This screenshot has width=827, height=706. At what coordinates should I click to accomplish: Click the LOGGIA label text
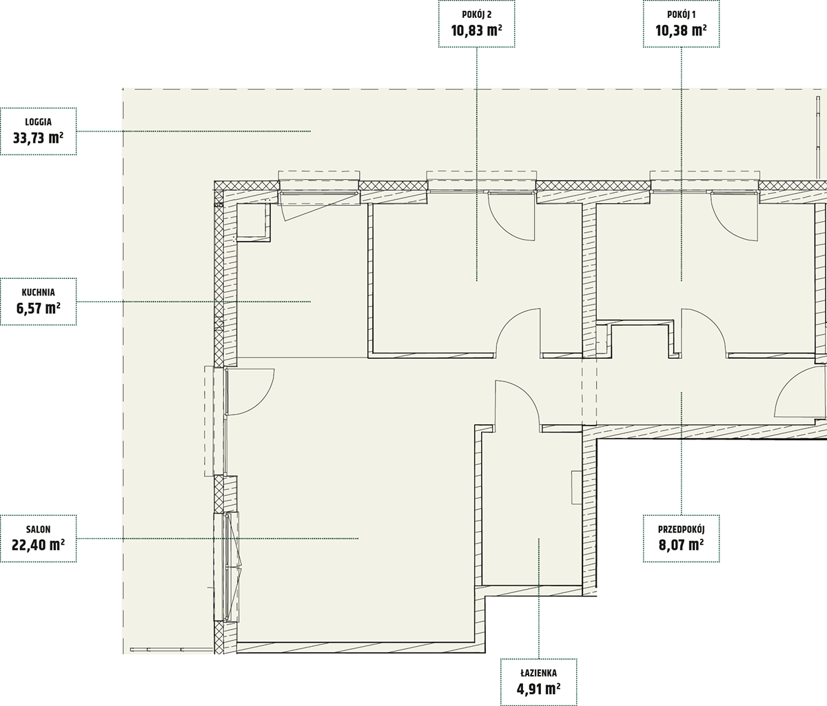pos(39,123)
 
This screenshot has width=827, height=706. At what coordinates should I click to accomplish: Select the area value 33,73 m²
pos(39,138)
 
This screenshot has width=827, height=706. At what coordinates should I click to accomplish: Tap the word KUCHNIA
pos(39,292)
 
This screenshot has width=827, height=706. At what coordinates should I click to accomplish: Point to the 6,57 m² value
pos(39,308)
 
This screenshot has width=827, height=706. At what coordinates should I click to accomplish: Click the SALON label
pos(39,529)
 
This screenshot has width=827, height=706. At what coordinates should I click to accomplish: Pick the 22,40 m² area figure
pos(39,546)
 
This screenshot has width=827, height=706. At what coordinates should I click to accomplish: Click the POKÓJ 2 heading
pos(476,14)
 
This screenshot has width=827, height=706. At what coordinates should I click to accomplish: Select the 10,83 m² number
pos(476,31)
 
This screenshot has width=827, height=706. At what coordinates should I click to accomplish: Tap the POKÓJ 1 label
pos(682,14)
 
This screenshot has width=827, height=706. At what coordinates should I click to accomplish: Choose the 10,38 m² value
pos(682,31)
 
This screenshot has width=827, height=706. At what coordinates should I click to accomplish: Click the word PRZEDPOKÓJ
pos(682,529)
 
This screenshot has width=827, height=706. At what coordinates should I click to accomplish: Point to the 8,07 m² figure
pos(682,546)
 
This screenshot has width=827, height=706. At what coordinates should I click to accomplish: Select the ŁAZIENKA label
pos(538,673)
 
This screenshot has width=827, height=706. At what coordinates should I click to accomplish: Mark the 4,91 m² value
pos(538,689)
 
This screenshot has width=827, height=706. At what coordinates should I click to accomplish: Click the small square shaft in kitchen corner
pos(254,222)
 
